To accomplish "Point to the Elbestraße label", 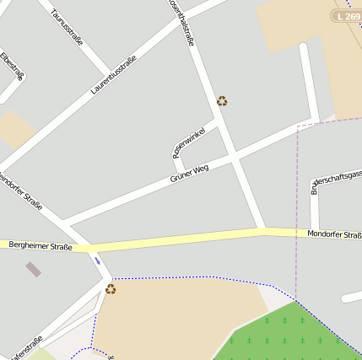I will tap(11, 67).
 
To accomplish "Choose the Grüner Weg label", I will tap(189, 174).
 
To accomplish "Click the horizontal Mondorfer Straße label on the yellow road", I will tap(334, 234).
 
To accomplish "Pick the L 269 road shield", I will tap(347, 16).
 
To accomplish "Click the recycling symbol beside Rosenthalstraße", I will tap(222, 101).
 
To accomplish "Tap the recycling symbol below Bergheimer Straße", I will tap(111, 289).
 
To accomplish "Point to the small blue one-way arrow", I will tap(97, 261).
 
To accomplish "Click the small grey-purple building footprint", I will tap(33, 270).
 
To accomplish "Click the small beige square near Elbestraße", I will tap(16, 129).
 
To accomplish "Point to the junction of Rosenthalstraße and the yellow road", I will tap(261, 230).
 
